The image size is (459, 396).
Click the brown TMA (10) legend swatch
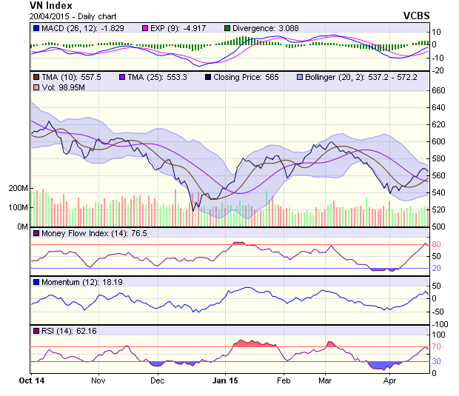click(36, 77)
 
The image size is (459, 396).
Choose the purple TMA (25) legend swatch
click(122, 77)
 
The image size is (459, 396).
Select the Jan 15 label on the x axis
click(225, 380)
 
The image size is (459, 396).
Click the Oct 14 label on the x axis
click(31, 380)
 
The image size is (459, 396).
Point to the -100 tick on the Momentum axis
click(440, 324)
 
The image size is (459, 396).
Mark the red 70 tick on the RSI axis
click(438, 346)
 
